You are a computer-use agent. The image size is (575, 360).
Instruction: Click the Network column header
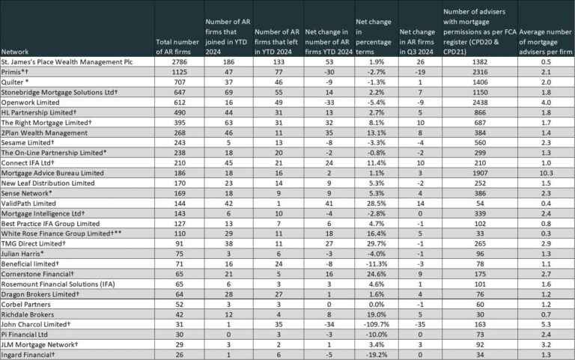point(15,52)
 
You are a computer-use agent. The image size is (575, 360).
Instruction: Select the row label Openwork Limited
point(30,103)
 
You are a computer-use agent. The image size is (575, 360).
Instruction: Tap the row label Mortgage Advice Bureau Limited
point(52,173)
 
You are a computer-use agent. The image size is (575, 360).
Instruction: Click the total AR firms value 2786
point(179,62)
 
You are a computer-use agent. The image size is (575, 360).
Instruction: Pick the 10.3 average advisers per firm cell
point(546,173)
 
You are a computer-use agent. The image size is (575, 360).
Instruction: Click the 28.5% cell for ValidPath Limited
point(377,204)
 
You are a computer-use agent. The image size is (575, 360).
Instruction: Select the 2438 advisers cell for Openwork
point(480,103)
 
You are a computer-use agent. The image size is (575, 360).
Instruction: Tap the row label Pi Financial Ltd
point(25,335)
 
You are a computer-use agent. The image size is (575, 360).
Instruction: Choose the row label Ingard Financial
point(28,355)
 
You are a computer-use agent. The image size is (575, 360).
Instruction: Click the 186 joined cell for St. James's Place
point(228,62)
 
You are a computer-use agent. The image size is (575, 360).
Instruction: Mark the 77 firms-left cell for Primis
point(279,72)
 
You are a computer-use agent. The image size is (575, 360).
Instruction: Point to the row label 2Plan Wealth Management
point(44,132)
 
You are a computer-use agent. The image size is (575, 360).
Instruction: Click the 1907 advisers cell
point(480,173)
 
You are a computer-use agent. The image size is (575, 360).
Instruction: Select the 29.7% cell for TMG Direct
point(377,244)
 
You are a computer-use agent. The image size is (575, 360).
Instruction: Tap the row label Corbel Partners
point(26,305)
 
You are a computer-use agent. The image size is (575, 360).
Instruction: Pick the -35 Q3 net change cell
point(420,324)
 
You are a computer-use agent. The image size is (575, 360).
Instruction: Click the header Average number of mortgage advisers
point(545,42)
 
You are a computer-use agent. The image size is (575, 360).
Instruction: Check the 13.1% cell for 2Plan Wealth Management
point(377,132)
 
